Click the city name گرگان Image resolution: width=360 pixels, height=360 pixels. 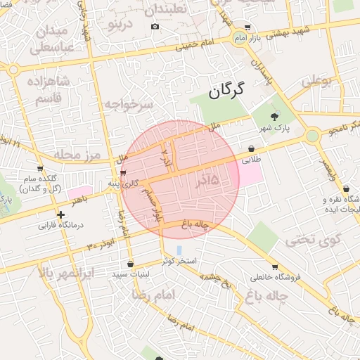tap(226, 89)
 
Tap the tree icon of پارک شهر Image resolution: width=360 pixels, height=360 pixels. tap(274, 117)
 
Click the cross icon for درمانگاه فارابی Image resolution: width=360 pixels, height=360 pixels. tap(61, 214)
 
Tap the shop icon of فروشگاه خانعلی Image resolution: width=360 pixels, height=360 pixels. tap(274, 267)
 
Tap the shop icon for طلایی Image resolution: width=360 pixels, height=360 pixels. tap(252, 148)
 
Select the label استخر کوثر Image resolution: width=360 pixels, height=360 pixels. tap(178, 261)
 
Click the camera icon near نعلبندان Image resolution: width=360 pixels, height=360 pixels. tap(155, 27)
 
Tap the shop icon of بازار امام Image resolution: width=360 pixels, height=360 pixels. tap(247, 26)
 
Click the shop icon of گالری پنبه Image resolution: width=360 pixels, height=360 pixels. tap(123, 173)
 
